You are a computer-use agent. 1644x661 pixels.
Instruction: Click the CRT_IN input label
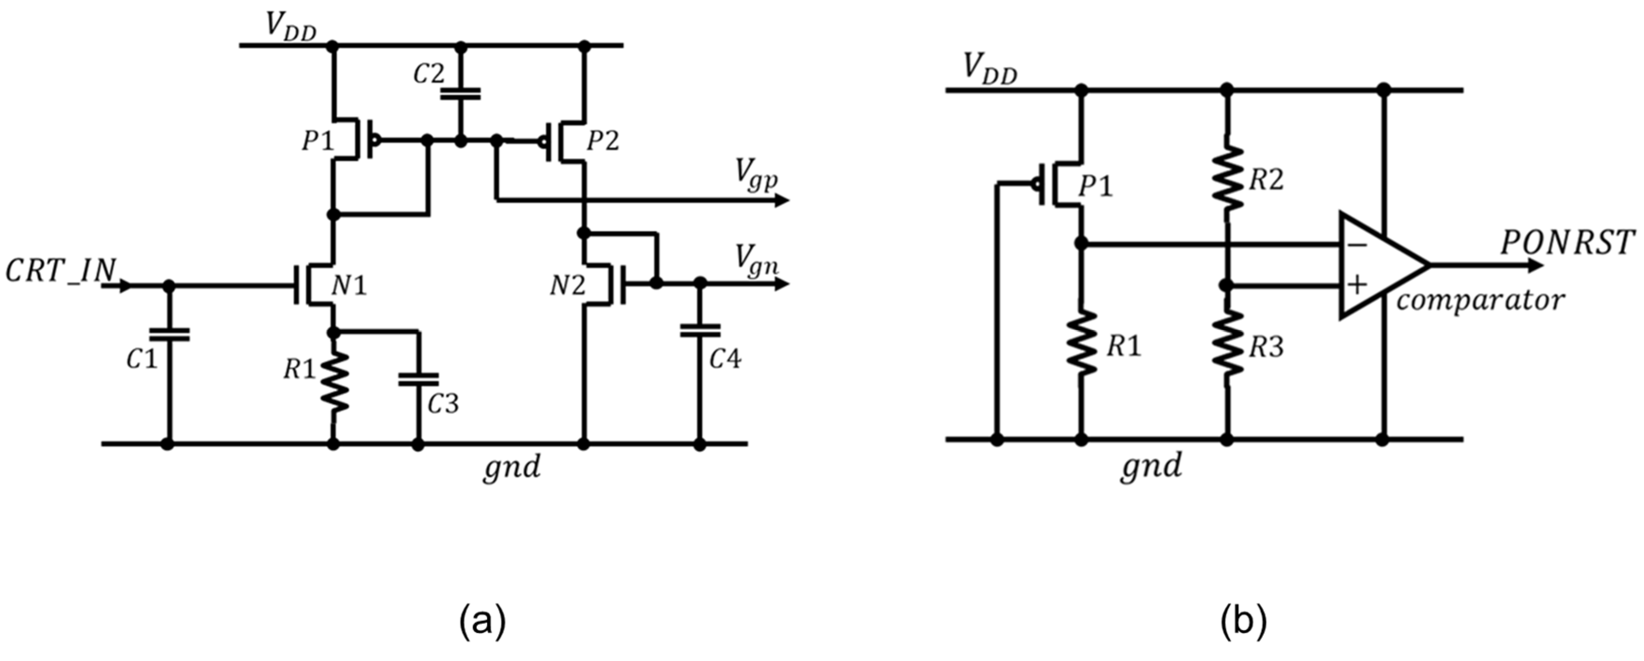tap(61, 272)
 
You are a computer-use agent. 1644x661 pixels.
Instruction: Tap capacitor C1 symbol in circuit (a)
tap(168, 334)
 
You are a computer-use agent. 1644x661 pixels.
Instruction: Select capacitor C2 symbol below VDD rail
tap(460, 94)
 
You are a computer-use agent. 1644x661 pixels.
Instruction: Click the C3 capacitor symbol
tap(418, 379)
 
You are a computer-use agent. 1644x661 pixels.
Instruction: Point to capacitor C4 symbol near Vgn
tap(700, 330)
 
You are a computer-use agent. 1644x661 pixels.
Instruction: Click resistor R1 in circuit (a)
tap(334, 382)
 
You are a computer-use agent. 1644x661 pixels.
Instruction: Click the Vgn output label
tap(756, 259)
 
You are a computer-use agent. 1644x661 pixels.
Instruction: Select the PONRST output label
tap(1567, 243)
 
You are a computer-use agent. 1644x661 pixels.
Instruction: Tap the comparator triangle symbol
tap(1379, 265)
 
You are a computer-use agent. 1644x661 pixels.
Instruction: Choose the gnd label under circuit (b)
tap(1151, 466)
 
